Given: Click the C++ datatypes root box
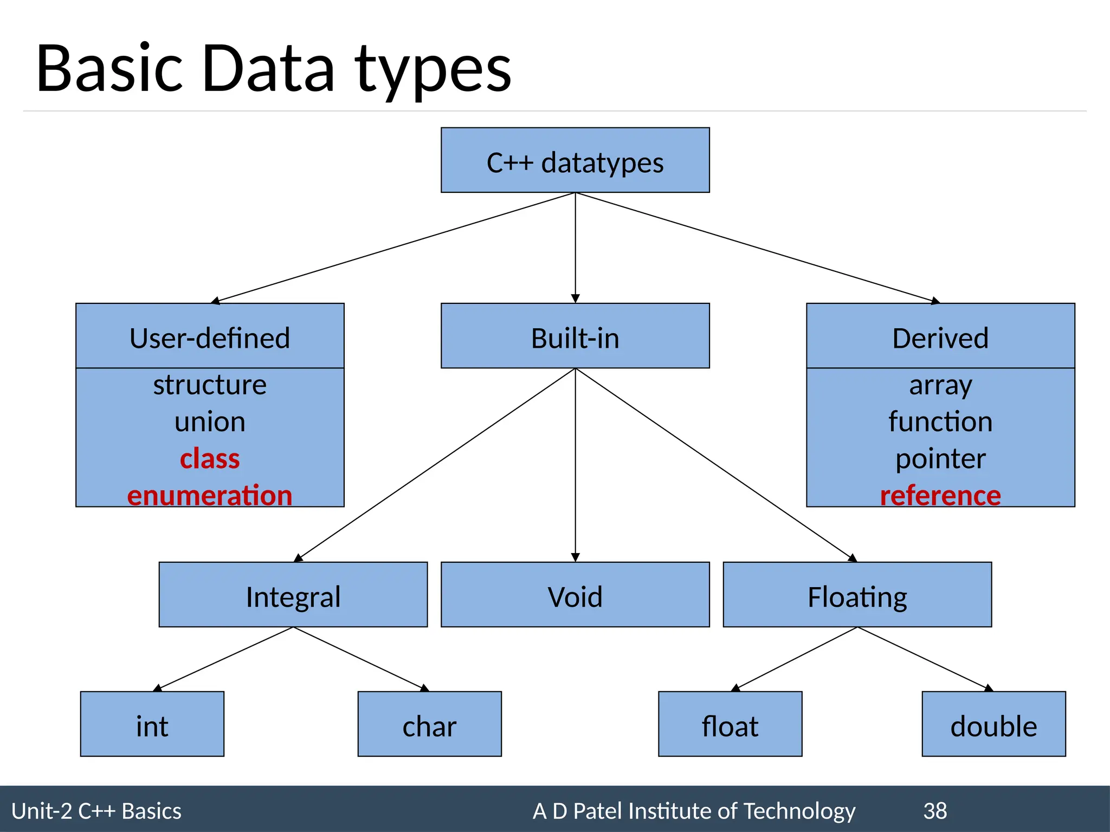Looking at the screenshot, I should [575, 160].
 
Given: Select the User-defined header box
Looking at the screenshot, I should [210, 336].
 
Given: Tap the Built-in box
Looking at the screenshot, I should [575, 336].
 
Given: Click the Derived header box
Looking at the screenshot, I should [940, 336].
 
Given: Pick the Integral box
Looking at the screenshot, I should [293, 595].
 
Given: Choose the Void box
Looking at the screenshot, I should [575, 595].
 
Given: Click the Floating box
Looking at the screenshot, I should [857, 595].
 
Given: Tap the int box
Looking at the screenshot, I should [152, 724].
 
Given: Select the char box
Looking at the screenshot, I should [430, 724].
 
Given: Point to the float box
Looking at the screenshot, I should [730, 724].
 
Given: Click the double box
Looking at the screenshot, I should [993, 724].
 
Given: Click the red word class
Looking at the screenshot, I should [210, 459].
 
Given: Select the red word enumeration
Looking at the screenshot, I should [210, 496].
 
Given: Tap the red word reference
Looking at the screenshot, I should [940, 496].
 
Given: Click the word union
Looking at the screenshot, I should [210, 422].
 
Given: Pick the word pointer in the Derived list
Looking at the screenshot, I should [940, 459].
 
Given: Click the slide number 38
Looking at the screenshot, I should [935, 811].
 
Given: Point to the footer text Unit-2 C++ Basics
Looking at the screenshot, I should [96, 811].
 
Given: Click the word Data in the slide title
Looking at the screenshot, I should [268, 69].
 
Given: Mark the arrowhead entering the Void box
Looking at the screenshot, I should [576, 557].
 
